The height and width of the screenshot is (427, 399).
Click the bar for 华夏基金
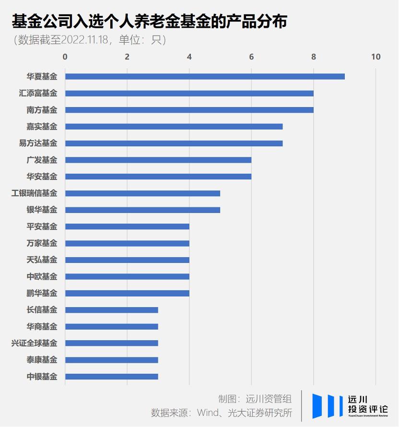205,76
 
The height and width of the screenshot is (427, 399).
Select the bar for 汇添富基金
189,93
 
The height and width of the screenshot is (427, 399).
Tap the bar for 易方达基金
174,143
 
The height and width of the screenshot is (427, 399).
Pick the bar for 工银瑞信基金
142,193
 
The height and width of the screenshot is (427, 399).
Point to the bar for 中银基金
112,377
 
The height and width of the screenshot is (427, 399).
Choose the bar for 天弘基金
127,260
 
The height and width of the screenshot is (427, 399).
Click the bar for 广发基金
158,160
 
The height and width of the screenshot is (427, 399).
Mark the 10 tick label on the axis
376,57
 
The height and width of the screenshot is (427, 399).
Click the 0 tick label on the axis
65,57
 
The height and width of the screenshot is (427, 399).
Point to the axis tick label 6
251,57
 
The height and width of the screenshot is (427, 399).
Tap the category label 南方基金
42,110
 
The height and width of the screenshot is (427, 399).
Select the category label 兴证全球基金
34,344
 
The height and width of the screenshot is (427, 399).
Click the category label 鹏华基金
42,293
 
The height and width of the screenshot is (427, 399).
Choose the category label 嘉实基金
42,127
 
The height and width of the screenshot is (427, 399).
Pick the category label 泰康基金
42,360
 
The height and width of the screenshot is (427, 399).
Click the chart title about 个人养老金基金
149,22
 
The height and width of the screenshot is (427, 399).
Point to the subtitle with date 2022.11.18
90,40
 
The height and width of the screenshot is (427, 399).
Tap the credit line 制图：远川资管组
255,399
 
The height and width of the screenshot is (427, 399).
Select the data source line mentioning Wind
222,413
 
